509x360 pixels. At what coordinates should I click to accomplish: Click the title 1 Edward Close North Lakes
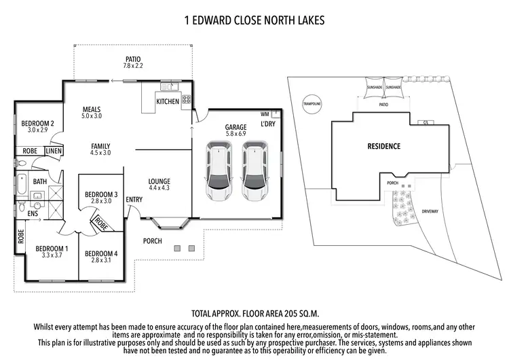tap(254, 20)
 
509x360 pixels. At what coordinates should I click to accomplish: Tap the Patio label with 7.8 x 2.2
tap(133, 62)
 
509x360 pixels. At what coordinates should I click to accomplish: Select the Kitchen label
tap(168, 102)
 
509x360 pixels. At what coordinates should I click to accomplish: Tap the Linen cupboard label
tap(54, 151)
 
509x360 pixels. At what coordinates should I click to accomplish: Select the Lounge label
tap(159, 184)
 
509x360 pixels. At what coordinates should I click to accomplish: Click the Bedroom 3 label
tap(101, 198)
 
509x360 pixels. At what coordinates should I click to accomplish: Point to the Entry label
tap(134, 199)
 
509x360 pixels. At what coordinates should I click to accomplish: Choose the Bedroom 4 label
tap(101, 257)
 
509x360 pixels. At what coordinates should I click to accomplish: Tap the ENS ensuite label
tap(33, 213)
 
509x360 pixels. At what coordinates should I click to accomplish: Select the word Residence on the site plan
tap(383, 146)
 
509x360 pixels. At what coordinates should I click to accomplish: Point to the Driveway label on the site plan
tap(430, 211)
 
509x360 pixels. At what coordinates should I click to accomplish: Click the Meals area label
tap(92, 112)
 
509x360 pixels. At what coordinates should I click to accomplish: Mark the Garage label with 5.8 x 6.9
tap(237, 131)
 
